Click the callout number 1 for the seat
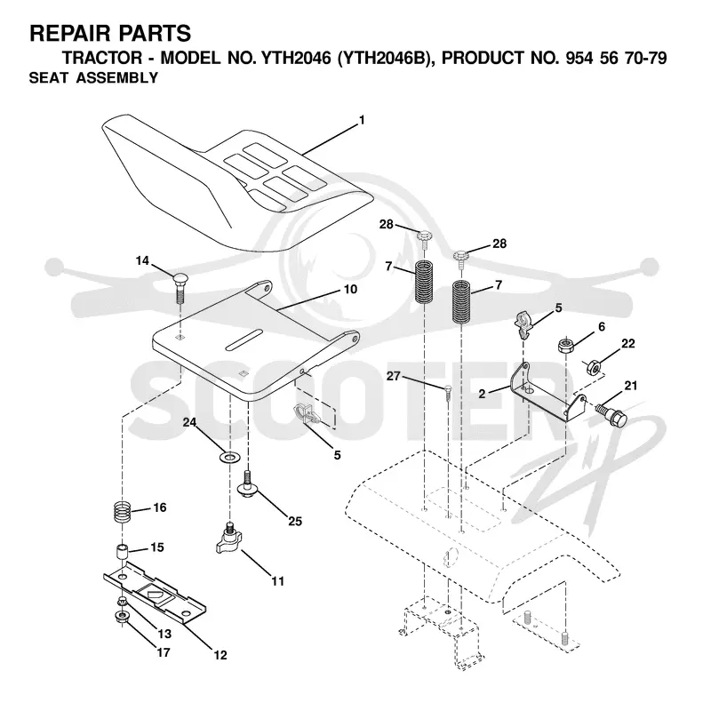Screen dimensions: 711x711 tap(362, 120)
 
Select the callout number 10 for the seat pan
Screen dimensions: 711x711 tap(350, 290)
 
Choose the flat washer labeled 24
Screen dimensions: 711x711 tap(230, 457)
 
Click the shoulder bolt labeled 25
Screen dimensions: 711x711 tap(248, 484)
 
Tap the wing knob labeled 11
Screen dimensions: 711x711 tap(229, 539)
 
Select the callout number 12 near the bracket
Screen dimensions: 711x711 tap(220, 655)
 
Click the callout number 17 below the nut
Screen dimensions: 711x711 tap(164, 652)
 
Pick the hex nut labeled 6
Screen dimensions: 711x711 tap(566, 346)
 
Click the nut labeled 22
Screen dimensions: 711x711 tap(595, 367)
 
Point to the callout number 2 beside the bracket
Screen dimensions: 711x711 tap(482, 394)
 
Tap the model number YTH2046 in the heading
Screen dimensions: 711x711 tap(296, 58)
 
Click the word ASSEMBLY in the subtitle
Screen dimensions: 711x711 tap(117, 77)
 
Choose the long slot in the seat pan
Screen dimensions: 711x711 tap(244, 340)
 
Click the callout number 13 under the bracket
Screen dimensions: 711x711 tap(164, 634)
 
